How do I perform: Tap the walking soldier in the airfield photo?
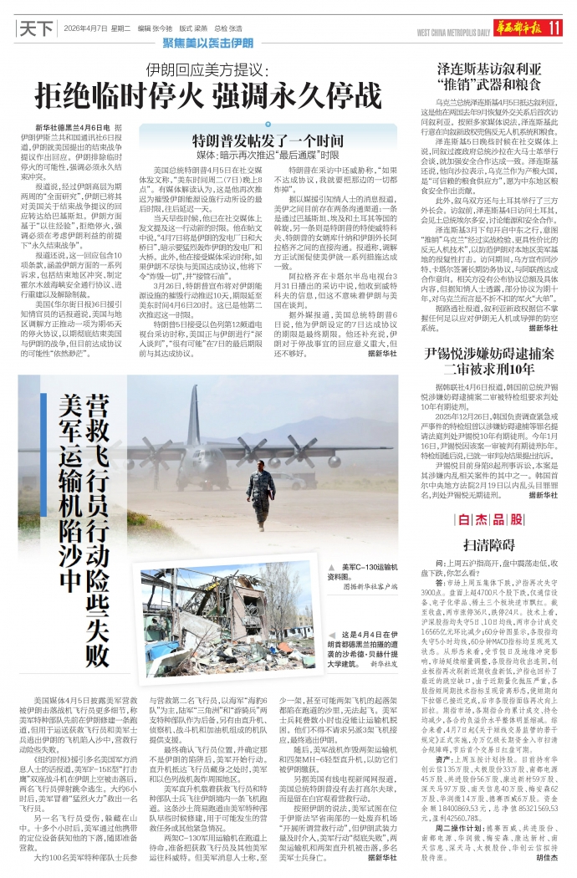(259, 486)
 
